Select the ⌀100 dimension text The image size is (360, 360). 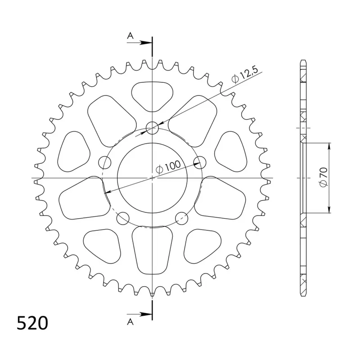(168, 166)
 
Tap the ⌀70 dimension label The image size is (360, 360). (324, 177)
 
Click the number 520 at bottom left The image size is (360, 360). (32, 323)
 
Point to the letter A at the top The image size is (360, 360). (130, 36)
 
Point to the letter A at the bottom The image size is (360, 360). (130, 322)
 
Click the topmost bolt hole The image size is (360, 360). (153, 128)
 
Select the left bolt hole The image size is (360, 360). (105, 162)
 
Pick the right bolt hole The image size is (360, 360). (200, 162)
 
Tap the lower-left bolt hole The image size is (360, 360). (123, 218)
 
